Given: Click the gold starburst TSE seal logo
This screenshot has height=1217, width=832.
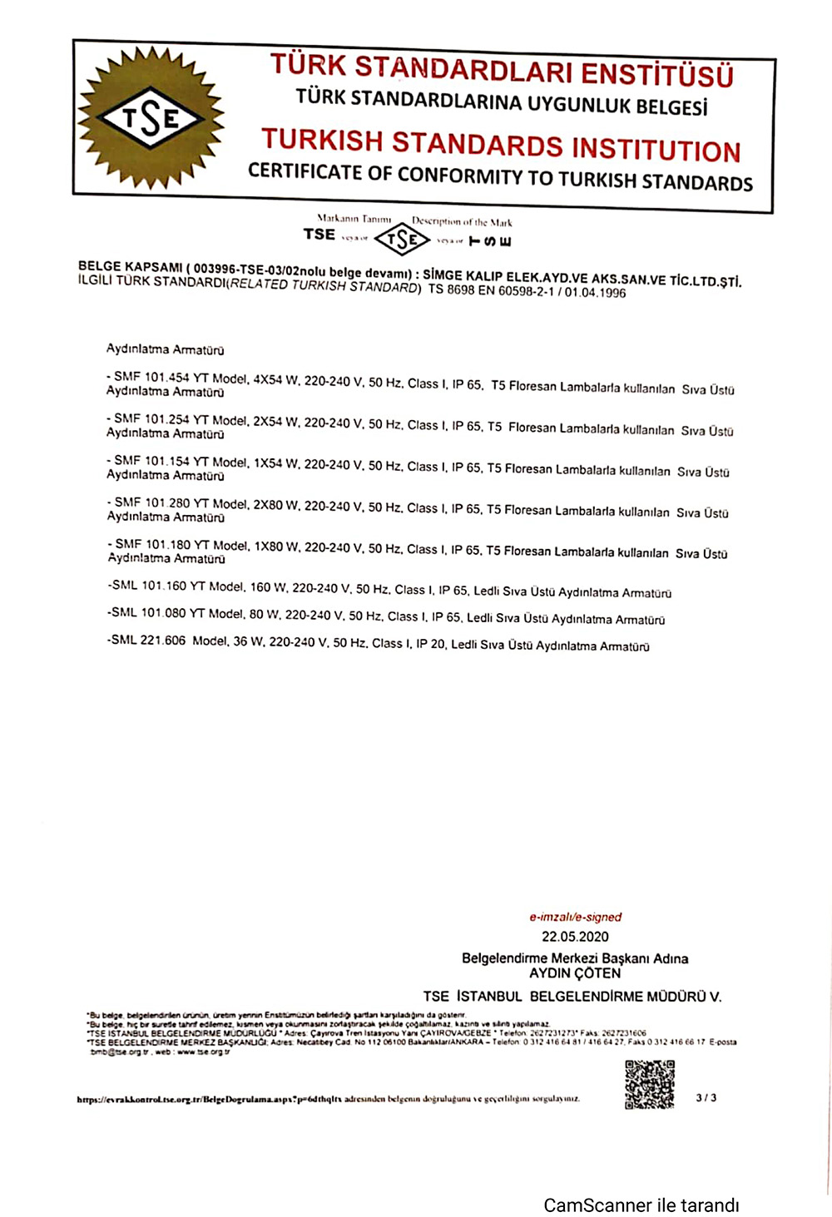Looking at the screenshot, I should point(151,118).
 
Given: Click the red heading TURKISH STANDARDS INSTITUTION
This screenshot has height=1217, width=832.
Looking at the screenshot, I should point(501,146).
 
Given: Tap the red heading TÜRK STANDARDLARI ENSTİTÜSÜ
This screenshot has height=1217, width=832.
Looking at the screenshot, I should point(502,71).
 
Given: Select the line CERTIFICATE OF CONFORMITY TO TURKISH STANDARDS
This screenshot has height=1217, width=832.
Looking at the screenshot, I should point(500,177).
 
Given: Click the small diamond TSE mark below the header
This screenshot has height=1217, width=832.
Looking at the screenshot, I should point(402,240).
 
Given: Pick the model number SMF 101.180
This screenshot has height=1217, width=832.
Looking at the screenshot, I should point(152,545).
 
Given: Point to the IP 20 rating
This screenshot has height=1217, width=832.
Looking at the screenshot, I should point(430,644).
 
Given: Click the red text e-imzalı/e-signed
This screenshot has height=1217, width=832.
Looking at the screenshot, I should point(576,917).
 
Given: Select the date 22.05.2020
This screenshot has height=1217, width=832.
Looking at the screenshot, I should point(575,937).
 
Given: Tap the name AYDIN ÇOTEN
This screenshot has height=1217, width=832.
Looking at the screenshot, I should point(575,973).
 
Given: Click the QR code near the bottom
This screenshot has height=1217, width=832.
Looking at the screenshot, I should point(650,1084).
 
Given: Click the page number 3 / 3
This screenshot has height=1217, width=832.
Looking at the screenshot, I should point(706,1098).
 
